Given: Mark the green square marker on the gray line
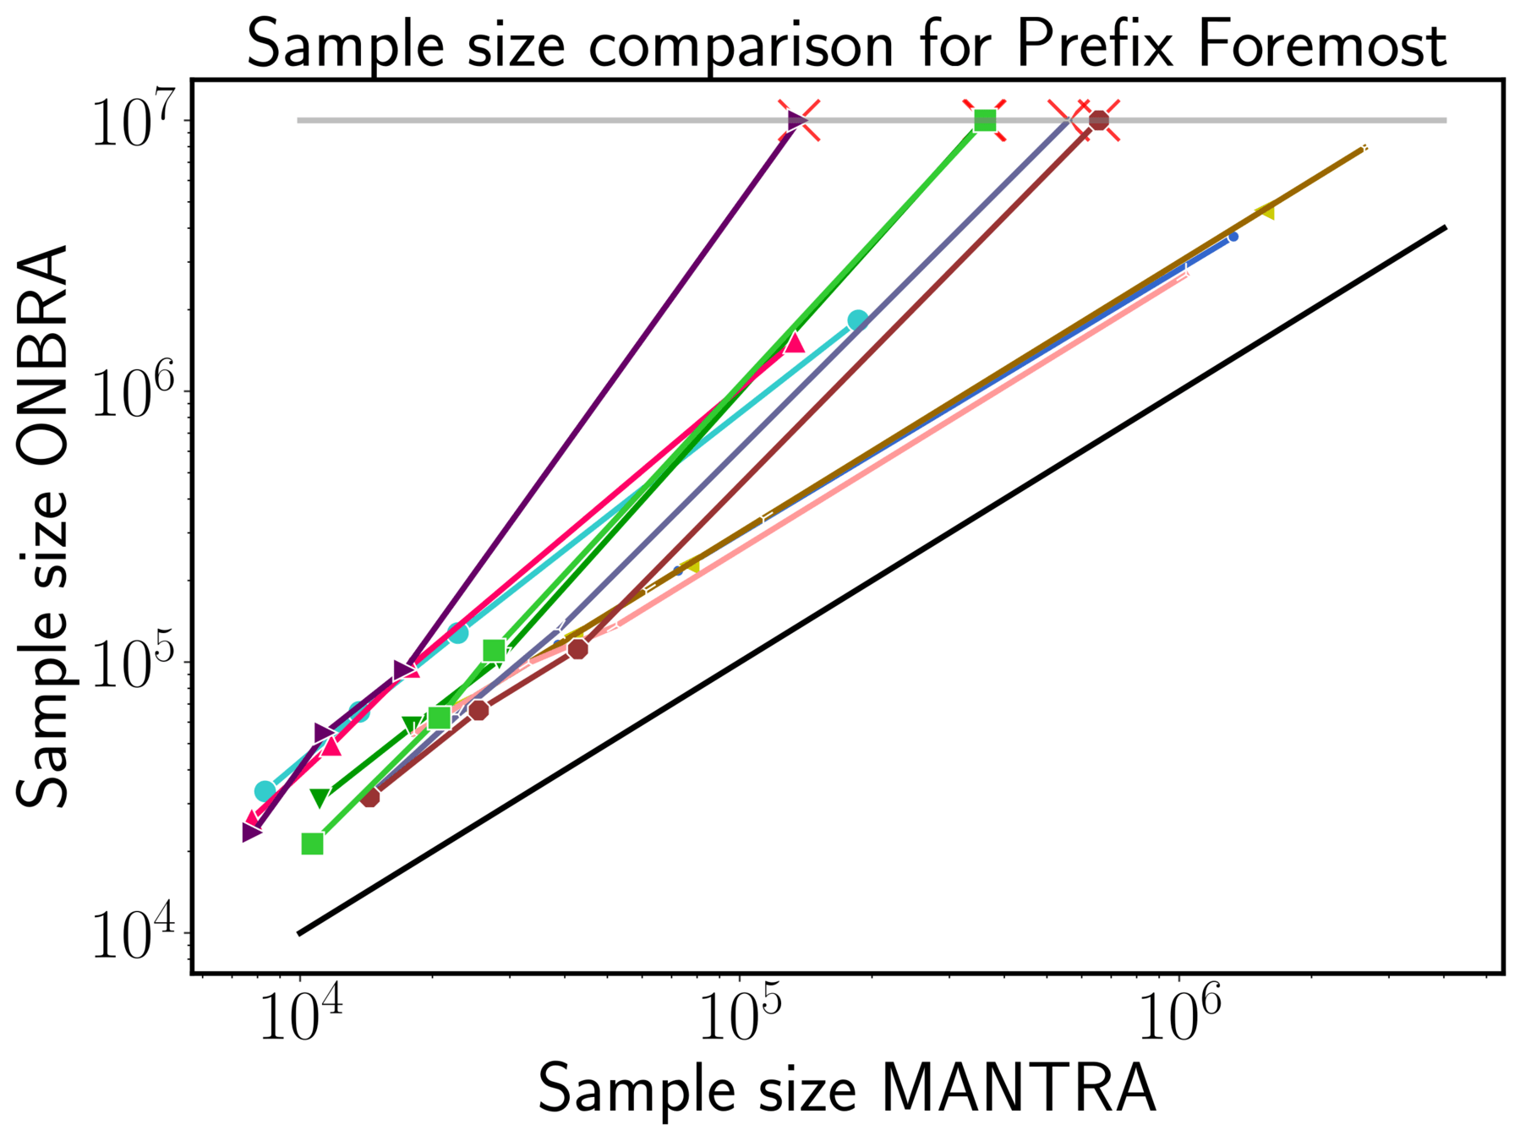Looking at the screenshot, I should (x=985, y=121).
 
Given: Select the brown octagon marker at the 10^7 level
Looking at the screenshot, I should (x=1099, y=121).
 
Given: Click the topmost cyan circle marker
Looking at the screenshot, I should (x=858, y=319).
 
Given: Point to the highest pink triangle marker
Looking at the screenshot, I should (x=794, y=343).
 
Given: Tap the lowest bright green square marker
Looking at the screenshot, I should (x=313, y=843).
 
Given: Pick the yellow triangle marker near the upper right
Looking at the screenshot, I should (x=1265, y=212).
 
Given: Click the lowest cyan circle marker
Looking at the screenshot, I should (x=265, y=791).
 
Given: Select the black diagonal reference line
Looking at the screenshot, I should (x=871, y=581).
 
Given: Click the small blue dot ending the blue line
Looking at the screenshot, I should (x=1233, y=237).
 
